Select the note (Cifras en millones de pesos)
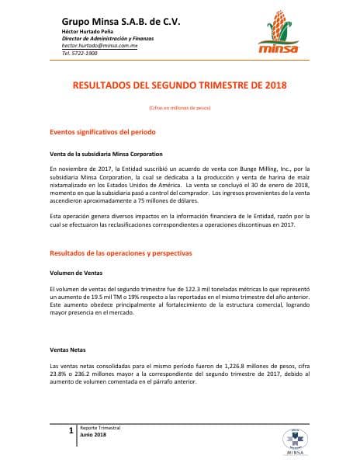point(179,107)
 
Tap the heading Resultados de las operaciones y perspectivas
point(120,253)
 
